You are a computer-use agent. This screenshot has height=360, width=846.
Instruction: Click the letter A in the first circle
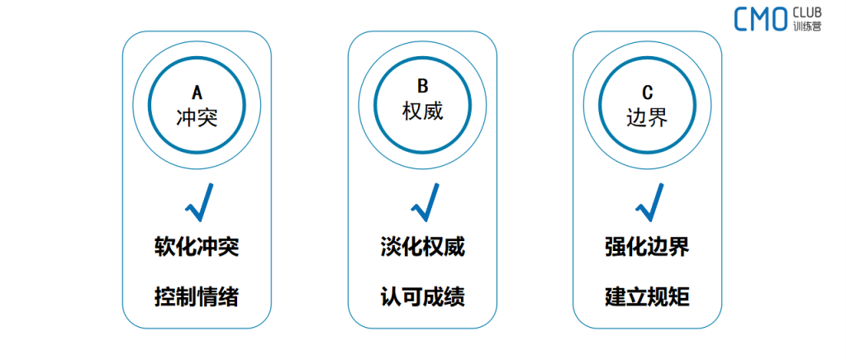[197, 93]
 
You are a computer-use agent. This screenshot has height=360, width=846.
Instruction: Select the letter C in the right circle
[648, 93]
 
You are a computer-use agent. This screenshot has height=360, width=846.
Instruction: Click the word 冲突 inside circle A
[197, 117]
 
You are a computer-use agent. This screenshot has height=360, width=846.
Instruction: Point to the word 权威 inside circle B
[422, 111]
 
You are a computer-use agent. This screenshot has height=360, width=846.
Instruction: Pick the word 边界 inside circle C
[648, 117]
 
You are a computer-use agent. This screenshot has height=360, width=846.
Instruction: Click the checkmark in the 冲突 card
[199, 202]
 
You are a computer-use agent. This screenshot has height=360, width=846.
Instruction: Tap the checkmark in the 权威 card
[425, 202]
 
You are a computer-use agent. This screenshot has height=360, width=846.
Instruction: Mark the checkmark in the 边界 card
[649, 202]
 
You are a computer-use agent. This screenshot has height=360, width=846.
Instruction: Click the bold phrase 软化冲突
[197, 249]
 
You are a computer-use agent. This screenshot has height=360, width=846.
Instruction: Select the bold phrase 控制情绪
[197, 297]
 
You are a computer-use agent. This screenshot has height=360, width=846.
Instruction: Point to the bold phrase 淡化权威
[422, 249]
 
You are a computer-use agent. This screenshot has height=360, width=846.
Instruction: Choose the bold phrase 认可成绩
[422, 297]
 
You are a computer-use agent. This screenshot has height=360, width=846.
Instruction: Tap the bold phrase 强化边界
[647, 249]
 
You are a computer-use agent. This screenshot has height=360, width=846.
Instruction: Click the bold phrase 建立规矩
[647, 297]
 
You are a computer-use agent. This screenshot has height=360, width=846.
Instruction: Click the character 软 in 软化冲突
[164, 249]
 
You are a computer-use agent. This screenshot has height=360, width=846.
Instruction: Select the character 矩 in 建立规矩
[679, 297]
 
